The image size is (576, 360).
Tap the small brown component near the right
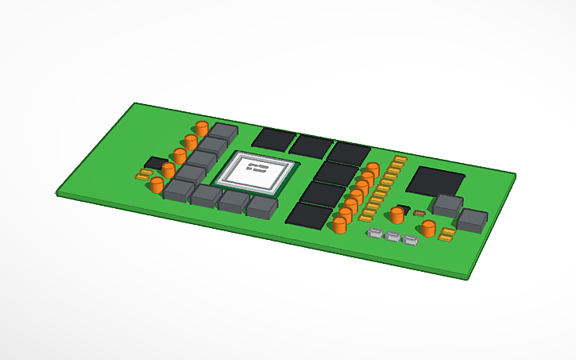(x=419, y=213)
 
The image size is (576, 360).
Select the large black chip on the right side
(x=435, y=181)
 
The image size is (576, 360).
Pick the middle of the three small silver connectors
(x=392, y=237)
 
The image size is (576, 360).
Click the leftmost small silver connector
(x=374, y=234)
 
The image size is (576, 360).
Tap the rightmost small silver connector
(x=410, y=240)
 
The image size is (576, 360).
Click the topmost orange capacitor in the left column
(x=203, y=129)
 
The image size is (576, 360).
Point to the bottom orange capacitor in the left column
(x=157, y=185)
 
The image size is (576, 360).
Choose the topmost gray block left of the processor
(x=223, y=133)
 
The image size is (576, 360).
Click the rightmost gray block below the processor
(x=261, y=207)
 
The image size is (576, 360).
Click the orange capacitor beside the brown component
(x=396, y=215)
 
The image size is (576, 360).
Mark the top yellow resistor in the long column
(x=400, y=160)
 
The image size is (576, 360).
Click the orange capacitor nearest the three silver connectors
(x=428, y=229)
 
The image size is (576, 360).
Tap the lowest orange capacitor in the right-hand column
(x=339, y=226)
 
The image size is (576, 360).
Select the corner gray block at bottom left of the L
(x=179, y=190)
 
